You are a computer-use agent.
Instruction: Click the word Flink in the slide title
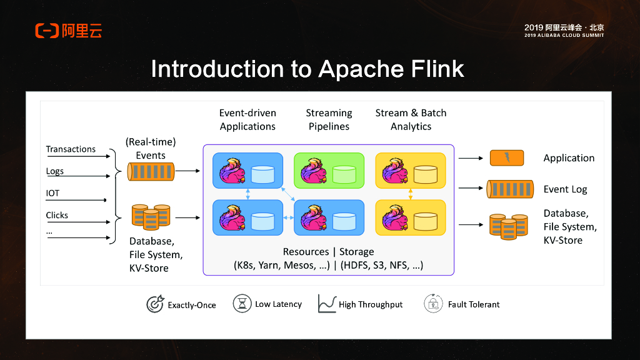pos(434,69)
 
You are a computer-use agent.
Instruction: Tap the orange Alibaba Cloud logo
pos(69,30)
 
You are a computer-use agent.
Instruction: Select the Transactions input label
pos(71,149)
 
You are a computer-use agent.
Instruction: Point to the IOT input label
pos(52,194)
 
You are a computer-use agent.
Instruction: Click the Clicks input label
pos(57,216)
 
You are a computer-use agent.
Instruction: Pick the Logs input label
pos(55,171)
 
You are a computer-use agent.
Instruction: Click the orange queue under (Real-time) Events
pos(151,171)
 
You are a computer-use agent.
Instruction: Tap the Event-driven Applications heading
pos(247,119)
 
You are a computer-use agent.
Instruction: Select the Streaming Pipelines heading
pos(329,119)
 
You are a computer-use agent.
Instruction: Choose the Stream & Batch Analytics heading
pos(411,119)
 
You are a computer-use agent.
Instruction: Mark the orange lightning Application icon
pos(506,158)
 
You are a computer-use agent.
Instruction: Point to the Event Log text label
pos(565,189)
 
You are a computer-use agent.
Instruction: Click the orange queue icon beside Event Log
pos(510,189)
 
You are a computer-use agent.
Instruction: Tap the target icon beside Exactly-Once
pos(155,304)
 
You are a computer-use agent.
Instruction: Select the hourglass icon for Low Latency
pos(242,304)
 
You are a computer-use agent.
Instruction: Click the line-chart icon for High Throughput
pos(327,304)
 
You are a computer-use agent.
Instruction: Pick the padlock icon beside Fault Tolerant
pos(433,304)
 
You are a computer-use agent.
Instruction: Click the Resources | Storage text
pos(328,252)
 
